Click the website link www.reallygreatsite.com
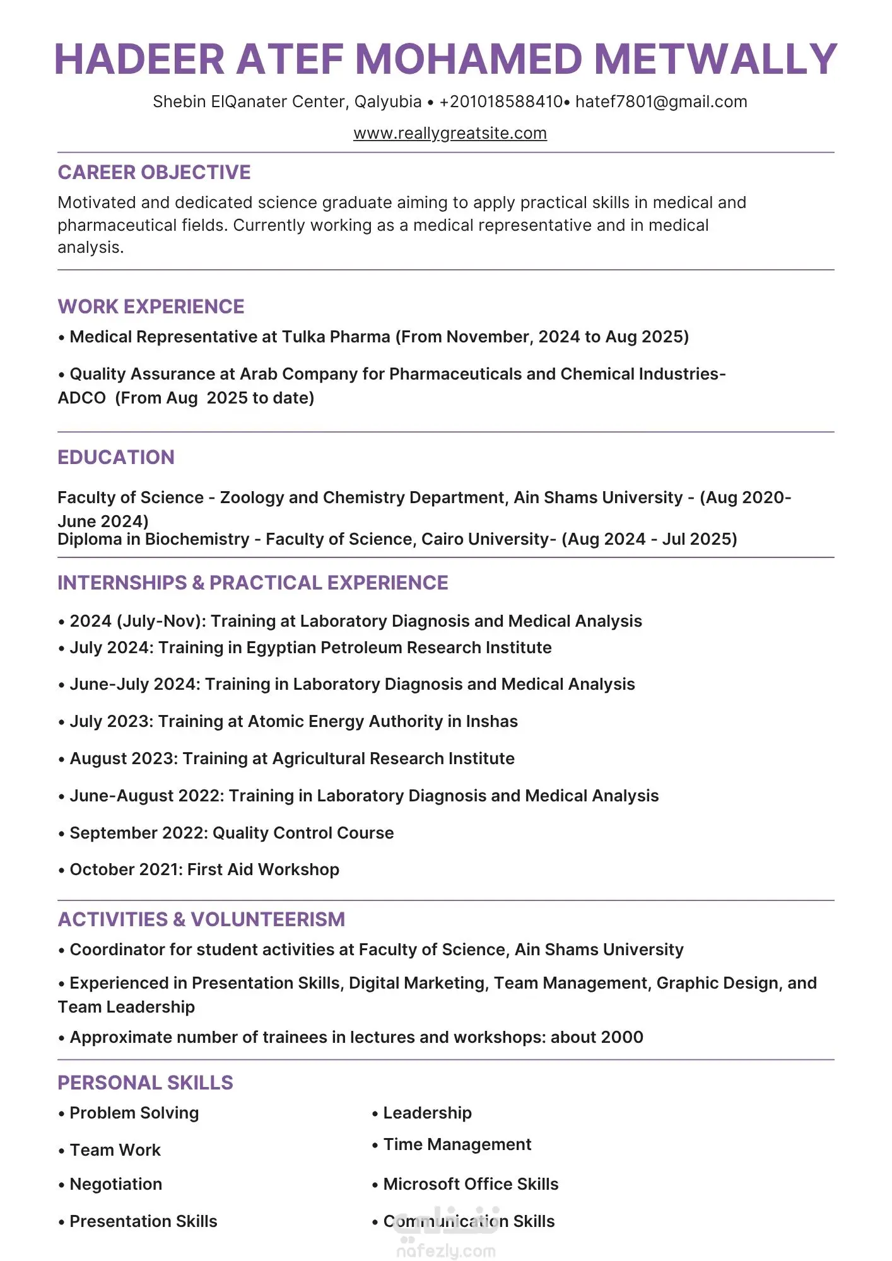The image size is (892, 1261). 450,134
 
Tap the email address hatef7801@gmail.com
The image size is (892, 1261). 661,102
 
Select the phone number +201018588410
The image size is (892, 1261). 501,102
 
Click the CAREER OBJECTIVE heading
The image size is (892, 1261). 154,172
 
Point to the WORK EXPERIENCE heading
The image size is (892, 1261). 151,306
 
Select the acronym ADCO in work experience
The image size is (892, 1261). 82,398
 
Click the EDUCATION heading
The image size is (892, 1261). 116,457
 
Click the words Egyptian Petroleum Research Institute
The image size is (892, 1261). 399,648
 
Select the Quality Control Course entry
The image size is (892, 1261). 303,833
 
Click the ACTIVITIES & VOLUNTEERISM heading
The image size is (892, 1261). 201,919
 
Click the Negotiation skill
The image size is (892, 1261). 116,1184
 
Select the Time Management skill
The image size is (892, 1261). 457,1144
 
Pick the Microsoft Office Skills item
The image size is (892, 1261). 471,1184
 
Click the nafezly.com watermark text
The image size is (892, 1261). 446,1251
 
